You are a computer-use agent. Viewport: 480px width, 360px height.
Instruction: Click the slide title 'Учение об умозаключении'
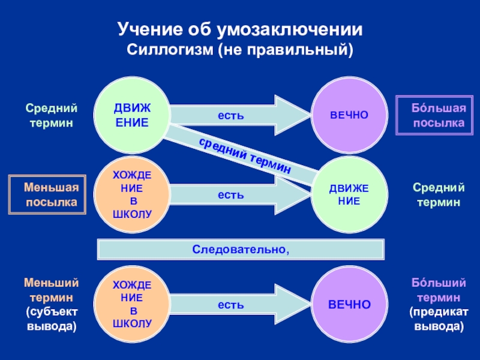[x=240, y=28]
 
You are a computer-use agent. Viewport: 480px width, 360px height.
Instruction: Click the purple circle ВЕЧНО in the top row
[x=349, y=115]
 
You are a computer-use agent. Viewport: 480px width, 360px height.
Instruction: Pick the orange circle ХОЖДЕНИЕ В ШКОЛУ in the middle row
[x=133, y=194]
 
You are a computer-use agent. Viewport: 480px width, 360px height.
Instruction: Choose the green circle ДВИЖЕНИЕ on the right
[x=349, y=196]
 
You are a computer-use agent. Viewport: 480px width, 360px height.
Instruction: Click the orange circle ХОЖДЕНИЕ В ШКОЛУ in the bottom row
[x=133, y=304]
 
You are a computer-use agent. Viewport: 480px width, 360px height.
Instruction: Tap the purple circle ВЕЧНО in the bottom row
[x=349, y=305]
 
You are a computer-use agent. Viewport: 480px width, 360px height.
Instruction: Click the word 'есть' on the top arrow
[x=230, y=115]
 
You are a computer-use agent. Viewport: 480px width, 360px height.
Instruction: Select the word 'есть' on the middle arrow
[x=230, y=195]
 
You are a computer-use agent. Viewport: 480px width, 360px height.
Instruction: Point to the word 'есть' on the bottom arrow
[x=230, y=305]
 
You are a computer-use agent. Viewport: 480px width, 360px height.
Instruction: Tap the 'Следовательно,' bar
[x=240, y=248]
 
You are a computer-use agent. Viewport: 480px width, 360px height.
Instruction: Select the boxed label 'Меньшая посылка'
[x=47, y=195]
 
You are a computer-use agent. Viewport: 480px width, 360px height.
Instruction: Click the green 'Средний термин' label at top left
[x=52, y=115]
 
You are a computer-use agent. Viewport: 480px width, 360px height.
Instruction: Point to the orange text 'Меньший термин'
[x=52, y=289]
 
